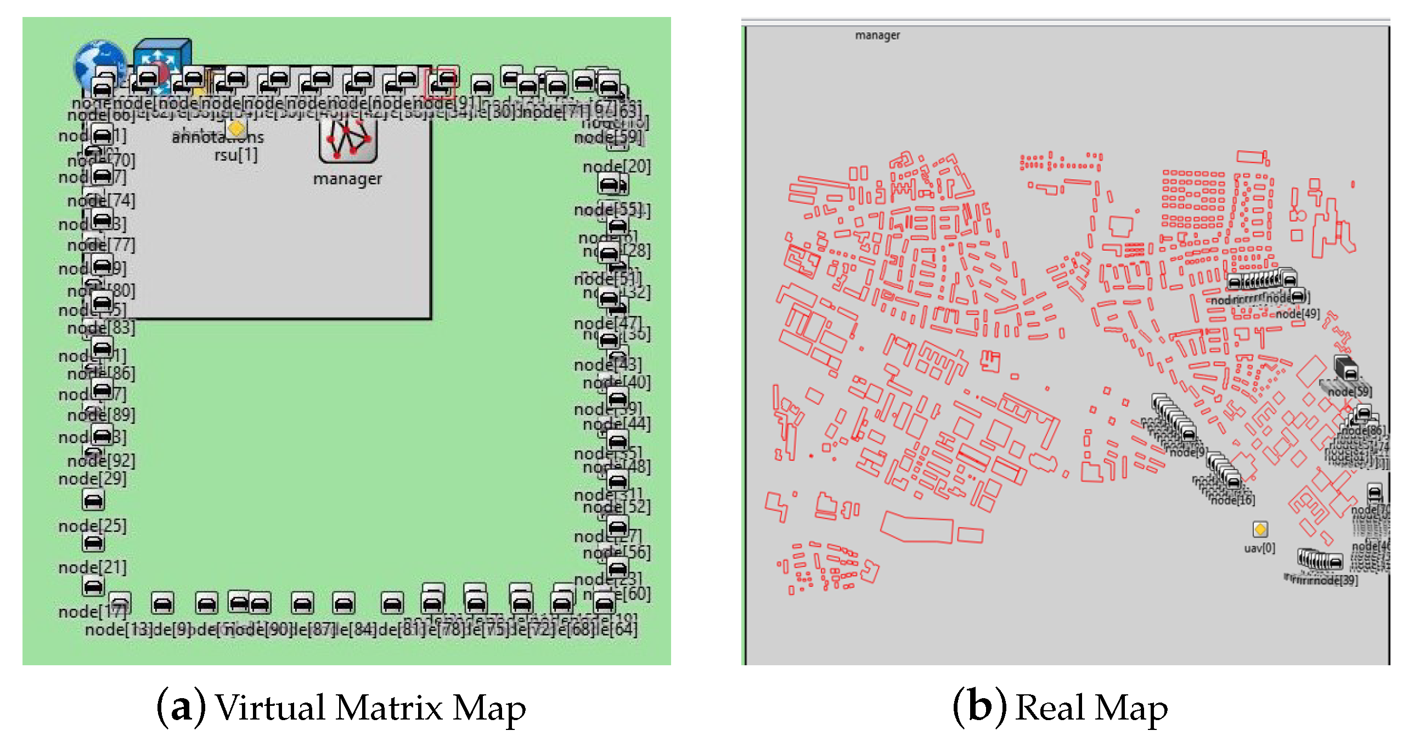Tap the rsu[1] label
click(x=236, y=155)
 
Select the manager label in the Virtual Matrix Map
click(x=347, y=179)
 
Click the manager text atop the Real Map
click(x=877, y=36)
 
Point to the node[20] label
click(x=617, y=166)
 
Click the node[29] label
click(x=92, y=479)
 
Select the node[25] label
click(x=92, y=526)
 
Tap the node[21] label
click(x=92, y=568)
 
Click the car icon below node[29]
click(x=93, y=501)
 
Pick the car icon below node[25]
click(x=93, y=543)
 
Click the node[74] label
click(x=102, y=201)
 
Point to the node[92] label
click(x=102, y=461)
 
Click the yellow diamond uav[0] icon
click(x=1260, y=529)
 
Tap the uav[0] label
click(x=1259, y=548)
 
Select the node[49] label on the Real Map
click(x=1298, y=314)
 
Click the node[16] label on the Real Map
click(x=1232, y=500)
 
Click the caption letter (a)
click(x=181, y=707)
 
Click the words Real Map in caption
click(x=1091, y=707)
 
